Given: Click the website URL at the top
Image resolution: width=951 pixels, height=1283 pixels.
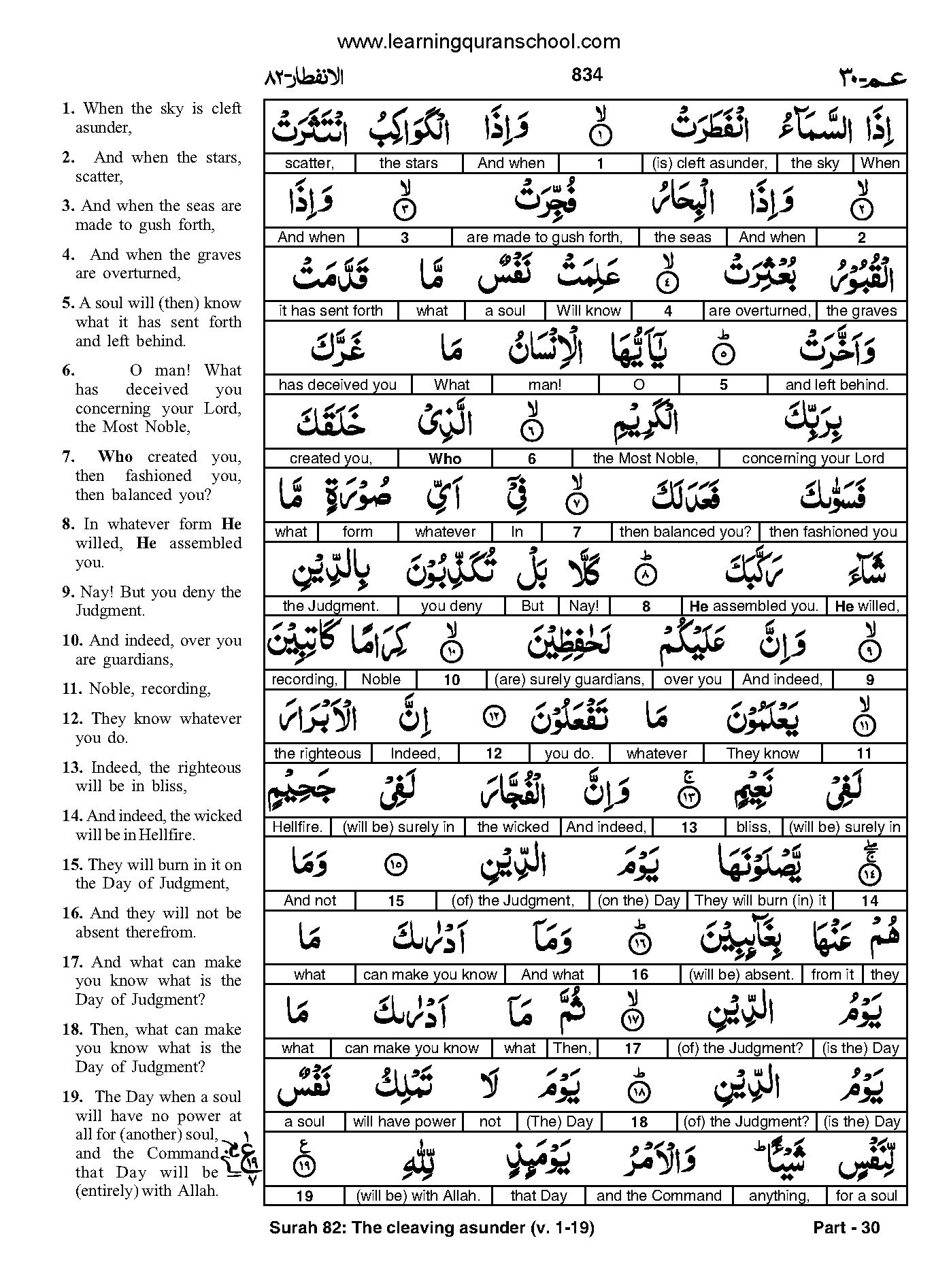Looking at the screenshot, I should [478, 42].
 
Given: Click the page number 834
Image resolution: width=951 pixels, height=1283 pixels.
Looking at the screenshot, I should [586, 74].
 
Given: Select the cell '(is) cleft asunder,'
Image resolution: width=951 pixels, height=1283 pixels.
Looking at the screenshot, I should [710, 163].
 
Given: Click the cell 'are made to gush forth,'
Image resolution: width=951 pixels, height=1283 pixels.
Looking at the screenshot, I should [544, 237].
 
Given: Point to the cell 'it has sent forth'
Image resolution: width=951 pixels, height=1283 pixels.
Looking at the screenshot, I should [331, 311].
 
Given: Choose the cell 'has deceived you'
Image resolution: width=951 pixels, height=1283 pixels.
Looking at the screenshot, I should [337, 385].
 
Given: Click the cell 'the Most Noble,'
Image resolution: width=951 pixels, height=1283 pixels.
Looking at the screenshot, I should [645, 459].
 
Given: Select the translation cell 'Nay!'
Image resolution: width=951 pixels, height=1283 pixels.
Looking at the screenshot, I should [584, 605].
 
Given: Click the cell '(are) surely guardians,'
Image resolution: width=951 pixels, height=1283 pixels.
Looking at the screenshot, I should [569, 679].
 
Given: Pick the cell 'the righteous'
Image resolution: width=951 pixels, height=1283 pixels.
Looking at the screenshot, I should [317, 753].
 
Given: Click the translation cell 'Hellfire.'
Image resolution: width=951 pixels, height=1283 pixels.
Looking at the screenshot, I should [297, 827].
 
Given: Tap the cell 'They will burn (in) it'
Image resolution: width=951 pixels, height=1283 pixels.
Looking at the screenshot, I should [760, 901].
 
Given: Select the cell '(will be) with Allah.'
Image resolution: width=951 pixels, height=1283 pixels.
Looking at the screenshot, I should [418, 1195].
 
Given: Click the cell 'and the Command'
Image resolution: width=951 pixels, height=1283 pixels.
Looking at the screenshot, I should [658, 1195].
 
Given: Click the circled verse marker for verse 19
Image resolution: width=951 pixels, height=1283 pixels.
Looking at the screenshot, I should [303, 1166].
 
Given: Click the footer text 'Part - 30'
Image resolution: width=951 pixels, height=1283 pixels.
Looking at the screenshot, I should [846, 1227].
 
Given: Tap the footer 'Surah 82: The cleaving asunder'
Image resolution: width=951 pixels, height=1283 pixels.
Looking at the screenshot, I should [431, 1227].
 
